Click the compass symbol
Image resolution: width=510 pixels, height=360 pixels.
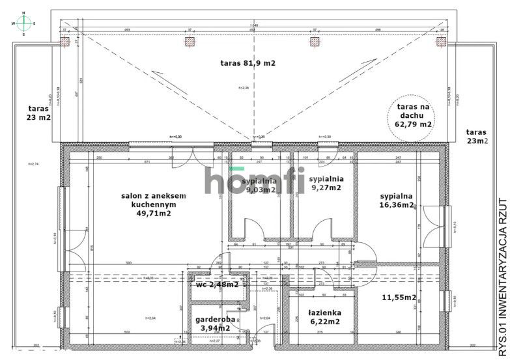pyautogui.click(x=24, y=23)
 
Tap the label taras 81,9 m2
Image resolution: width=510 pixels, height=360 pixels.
pyautogui.click(x=248, y=63)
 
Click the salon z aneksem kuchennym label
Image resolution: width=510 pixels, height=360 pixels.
pyautogui.click(x=154, y=203)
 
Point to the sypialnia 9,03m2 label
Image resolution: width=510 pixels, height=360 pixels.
pyautogui.click(x=259, y=185)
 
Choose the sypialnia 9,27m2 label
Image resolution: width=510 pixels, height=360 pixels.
pyautogui.click(x=326, y=184)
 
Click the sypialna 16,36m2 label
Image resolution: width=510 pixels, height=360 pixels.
pyautogui.click(x=397, y=200)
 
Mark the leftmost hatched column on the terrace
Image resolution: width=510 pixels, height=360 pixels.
pyautogui.click(x=65, y=42)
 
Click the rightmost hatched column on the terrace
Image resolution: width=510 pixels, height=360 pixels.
pyautogui.click(x=441, y=42)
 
